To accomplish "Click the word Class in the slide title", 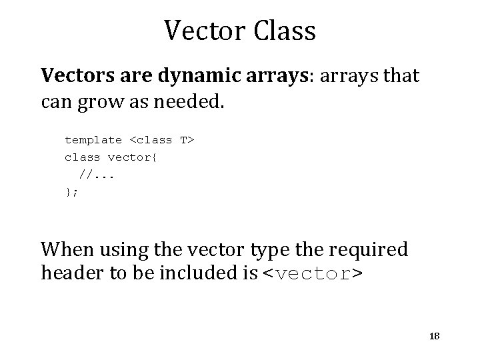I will tap(283, 30).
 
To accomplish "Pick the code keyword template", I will tap(93, 140).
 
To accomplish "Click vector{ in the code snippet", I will tap(129, 157).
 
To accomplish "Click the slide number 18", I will tap(434, 337).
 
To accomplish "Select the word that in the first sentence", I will tap(398, 77).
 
